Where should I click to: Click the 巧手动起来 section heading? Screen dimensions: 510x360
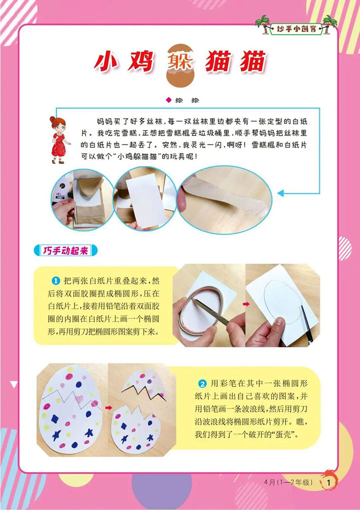pyautogui.click(x=66, y=251)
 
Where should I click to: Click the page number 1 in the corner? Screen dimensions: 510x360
pyautogui.click(x=329, y=482)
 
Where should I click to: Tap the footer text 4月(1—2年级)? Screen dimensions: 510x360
pyautogui.click(x=288, y=482)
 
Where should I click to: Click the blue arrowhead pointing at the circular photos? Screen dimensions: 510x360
pyautogui.click(x=282, y=193)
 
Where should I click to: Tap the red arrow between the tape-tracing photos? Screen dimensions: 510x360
pyautogui.click(x=246, y=305)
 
